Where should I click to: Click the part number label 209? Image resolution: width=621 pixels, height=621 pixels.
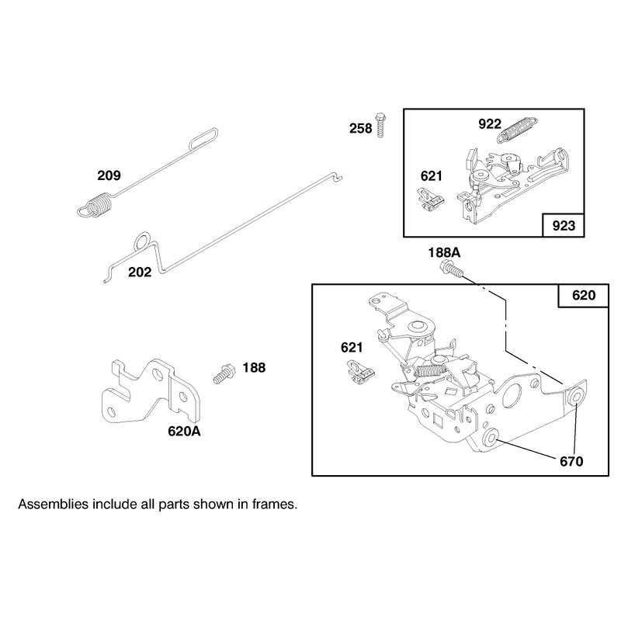pyautogui.click(x=109, y=175)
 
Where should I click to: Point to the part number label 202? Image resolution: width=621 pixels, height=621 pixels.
pyautogui.click(x=140, y=272)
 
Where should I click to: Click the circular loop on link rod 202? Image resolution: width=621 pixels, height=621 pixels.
pyautogui.click(x=142, y=241)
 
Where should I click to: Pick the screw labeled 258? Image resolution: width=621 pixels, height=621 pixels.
pyautogui.click(x=380, y=125)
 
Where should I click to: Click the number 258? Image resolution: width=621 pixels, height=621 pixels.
pyautogui.click(x=360, y=128)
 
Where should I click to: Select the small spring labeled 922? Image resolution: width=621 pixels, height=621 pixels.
pyautogui.click(x=517, y=130)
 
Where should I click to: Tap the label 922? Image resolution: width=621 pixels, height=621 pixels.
pyautogui.click(x=490, y=124)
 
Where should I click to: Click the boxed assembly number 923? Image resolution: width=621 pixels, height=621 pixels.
pyautogui.click(x=564, y=226)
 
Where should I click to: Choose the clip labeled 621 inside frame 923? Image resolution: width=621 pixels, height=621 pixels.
pyautogui.click(x=431, y=200)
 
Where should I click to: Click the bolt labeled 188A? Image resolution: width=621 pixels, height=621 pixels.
pyautogui.click(x=452, y=269)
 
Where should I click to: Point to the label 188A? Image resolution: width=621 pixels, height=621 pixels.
pyautogui.click(x=444, y=252)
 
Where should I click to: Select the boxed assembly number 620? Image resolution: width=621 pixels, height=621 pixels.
pyautogui.click(x=584, y=296)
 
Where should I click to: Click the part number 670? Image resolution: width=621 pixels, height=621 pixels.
pyautogui.click(x=571, y=461)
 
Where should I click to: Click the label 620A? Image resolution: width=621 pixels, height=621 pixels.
pyautogui.click(x=184, y=432)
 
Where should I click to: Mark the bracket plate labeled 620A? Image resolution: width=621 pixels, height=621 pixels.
pyautogui.click(x=151, y=391)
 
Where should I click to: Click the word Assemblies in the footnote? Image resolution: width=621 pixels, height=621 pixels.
pyautogui.click(x=53, y=505)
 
